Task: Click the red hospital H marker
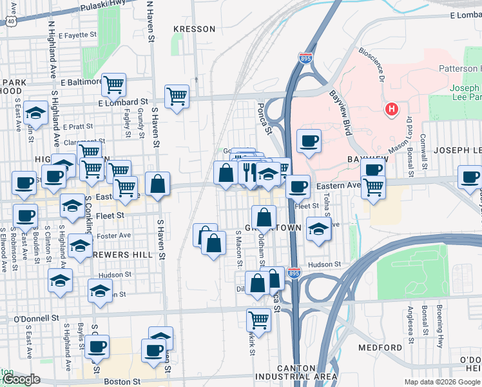coord(391,110)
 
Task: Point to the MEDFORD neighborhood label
coord(380,348)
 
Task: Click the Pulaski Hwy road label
coord(101,8)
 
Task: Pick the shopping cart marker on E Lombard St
coord(177,97)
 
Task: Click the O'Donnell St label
coord(37,319)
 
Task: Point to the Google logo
coord(21,379)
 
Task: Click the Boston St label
coord(122,382)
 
